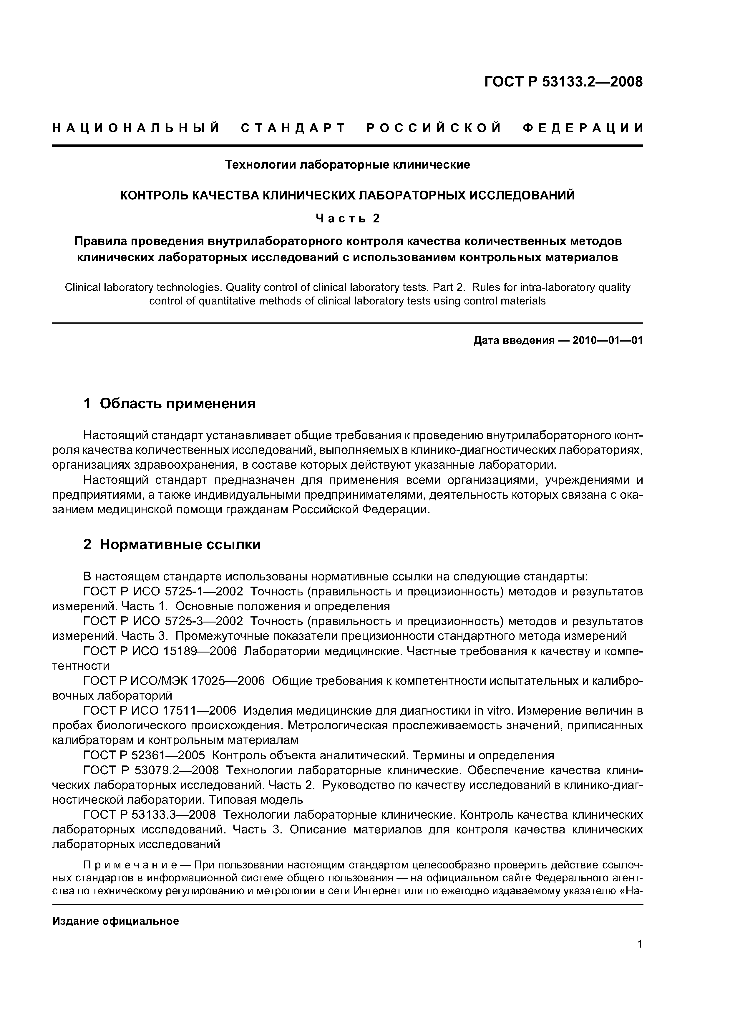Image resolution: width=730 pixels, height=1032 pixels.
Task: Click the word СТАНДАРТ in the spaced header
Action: tap(293, 128)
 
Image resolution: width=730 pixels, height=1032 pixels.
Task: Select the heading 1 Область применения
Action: tap(170, 403)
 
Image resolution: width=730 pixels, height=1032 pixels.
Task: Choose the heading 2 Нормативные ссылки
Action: tap(172, 544)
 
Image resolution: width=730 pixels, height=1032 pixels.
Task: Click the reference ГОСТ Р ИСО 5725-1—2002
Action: tap(163, 592)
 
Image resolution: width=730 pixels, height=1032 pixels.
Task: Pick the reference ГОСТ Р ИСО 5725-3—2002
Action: tap(163, 621)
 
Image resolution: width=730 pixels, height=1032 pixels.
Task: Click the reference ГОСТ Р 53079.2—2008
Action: tap(151, 770)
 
